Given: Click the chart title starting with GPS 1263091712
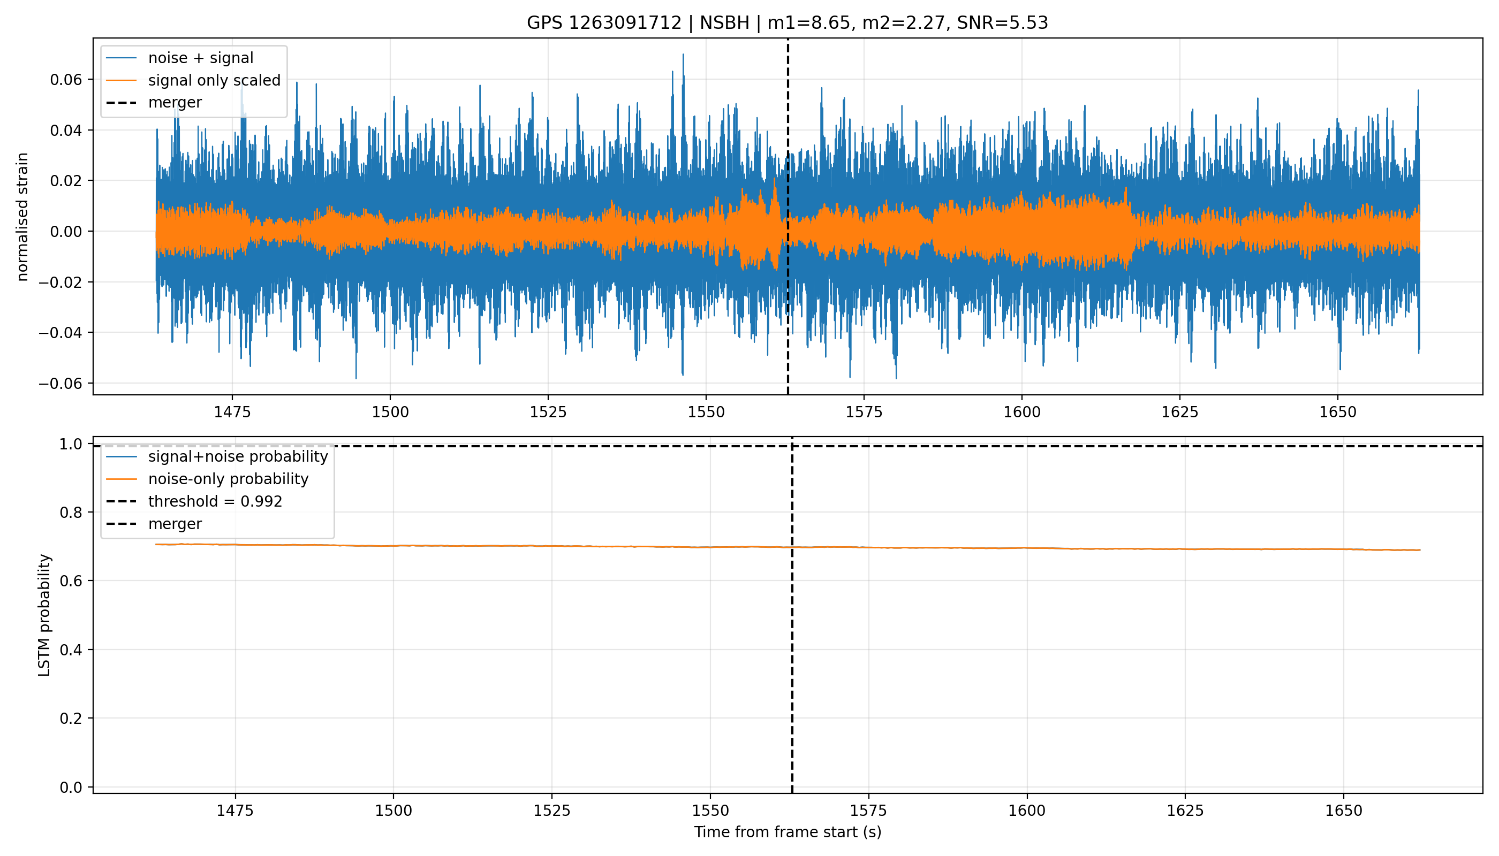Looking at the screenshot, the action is pyautogui.click(x=787, y=23).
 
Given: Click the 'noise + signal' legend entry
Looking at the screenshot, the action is pyautogui.click(x=201, y=58).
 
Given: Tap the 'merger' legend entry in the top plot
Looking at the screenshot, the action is pyautogui.click(x=175, y=103).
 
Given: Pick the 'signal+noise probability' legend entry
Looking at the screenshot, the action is pyautogui.click(x=238, y=457).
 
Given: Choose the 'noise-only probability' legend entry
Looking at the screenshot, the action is pyautogui.click(x=228, y=479).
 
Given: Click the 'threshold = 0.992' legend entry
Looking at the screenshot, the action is pyautogui.click(x=215, y=501).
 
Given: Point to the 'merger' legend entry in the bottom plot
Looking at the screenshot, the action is pyautogui.click(x=175, y=524).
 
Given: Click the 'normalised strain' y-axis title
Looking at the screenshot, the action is pyautogui.click(x=22, y=217).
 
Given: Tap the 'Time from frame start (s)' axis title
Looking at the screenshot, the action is pyautogui.click(x=787, y=832).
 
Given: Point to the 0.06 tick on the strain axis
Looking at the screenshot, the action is pyautogui.click(x=66, y=79).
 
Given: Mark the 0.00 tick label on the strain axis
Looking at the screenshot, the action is pyautogui.click(x=66, y=232).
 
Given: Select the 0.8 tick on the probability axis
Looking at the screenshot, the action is pyautogui.click(x=71, y=513).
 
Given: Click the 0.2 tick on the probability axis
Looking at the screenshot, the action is pyautogui.click(x=71, y=719).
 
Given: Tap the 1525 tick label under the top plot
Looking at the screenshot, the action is pyautogui.click(x=548, y=412).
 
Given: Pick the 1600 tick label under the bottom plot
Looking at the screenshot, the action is pyautogui.click(x=1027, y=811).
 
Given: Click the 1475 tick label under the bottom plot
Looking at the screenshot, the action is pyautogui.click(x=236, y=811).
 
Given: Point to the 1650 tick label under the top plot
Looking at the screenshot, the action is pyautogui.click(x=1338, y=412).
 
